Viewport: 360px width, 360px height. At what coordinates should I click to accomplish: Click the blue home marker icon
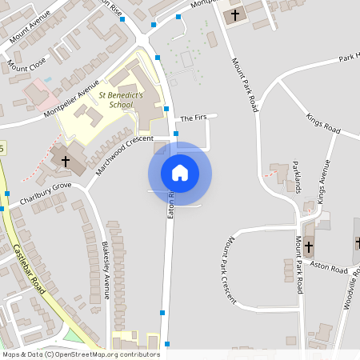179,173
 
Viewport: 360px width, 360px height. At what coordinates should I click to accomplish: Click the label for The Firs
193,118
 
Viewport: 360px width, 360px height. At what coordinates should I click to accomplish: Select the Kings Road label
323,123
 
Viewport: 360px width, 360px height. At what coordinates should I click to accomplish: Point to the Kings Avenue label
323,180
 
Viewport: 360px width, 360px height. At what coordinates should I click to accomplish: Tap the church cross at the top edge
235,14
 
